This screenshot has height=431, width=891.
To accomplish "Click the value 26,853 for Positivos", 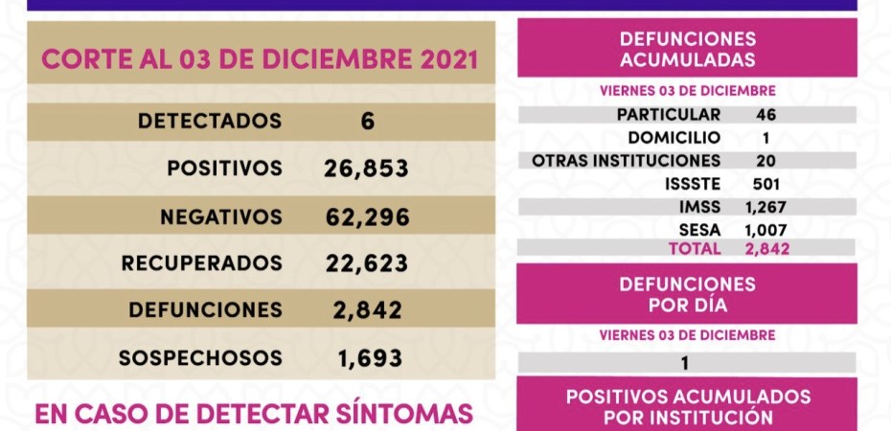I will (367, 169).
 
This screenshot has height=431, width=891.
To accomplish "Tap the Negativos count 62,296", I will (367, 216).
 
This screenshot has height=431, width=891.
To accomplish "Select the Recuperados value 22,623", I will (367, 262).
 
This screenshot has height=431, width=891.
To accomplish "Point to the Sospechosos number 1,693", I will (370, 358).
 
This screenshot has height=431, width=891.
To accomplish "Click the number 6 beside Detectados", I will (368, 122).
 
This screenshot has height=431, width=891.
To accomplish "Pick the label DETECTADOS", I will (210, 122).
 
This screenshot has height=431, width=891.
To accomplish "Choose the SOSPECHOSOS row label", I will (200, 358).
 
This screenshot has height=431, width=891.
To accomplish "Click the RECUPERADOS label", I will (203, 262).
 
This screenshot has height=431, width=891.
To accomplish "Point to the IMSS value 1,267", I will (765, 206).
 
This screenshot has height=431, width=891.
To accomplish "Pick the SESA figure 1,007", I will (765, 229).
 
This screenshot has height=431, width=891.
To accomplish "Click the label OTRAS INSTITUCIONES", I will (627, 160).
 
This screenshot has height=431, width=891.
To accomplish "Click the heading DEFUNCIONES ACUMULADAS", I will (687, 50).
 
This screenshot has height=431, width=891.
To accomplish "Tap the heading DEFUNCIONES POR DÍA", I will (687, 295).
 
